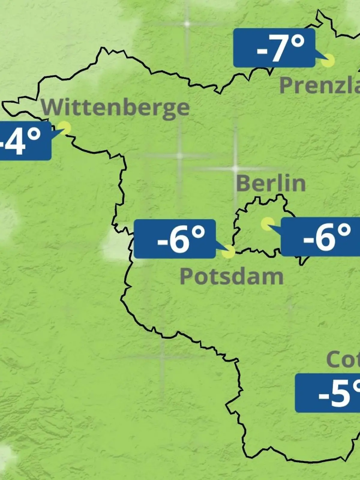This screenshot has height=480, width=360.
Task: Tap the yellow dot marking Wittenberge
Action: pyautogui.click(x=64, y=128)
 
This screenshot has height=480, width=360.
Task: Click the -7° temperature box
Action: pyautogui.click(x=274, y=48)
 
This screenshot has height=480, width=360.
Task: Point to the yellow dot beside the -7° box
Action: pyautogui.click(x=328, y=61)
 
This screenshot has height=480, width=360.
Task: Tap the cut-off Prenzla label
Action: pyautogui.click(x=320, y=85)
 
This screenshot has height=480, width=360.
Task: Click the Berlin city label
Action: pyautogui.click(x=271, y=183)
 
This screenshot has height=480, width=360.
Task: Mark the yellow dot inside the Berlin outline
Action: pyautogui.click(x=267, y=224)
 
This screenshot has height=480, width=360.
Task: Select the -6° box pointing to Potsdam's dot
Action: pyautogui.click(x=175, y=239)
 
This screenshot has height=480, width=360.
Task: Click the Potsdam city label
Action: pyautogui.click(x=232, y=277)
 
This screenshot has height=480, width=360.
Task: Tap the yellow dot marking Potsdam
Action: pyautogui.click(x=228, y=252)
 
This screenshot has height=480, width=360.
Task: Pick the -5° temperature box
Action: pyautogui.click(x=328, y=393)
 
